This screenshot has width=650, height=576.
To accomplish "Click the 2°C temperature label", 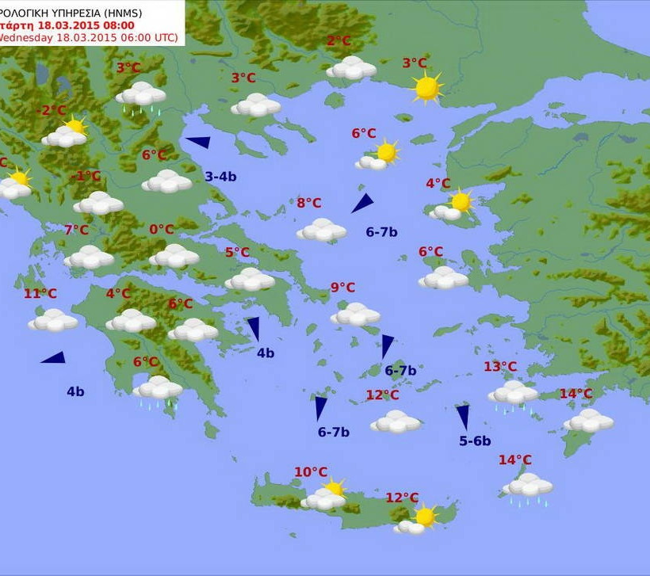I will click(x=338, y=42).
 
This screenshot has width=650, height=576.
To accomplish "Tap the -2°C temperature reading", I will click(x=53, y=110).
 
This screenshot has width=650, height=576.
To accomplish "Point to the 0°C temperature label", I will click(x=161, y=230).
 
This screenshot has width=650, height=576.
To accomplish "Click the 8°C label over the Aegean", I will click(x=308, y=203).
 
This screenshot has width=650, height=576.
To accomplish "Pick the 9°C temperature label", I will click(x=342, y=288).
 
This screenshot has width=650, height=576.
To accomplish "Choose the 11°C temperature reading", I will click(x=40, y=294).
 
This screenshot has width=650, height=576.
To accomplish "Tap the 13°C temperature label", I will click(x=500, y=367).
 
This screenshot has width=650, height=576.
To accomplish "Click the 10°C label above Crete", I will click(x=311, y=472).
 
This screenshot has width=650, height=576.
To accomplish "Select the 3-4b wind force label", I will click(x=220, y=177).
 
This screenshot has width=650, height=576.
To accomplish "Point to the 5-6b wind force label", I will click(x=475, y=441).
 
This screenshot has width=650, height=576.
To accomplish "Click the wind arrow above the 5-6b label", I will click(x=462, y=417).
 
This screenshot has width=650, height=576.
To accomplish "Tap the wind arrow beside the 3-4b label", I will click(x=198, y=143).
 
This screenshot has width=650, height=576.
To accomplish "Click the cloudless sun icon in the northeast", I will click(x=426, y=87).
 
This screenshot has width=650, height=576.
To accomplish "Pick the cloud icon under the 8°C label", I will click(x=322, y=231).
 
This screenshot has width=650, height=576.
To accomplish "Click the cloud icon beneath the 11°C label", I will click(x=53, y=321).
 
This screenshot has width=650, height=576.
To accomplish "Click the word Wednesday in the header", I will click(x=26, y=37).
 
